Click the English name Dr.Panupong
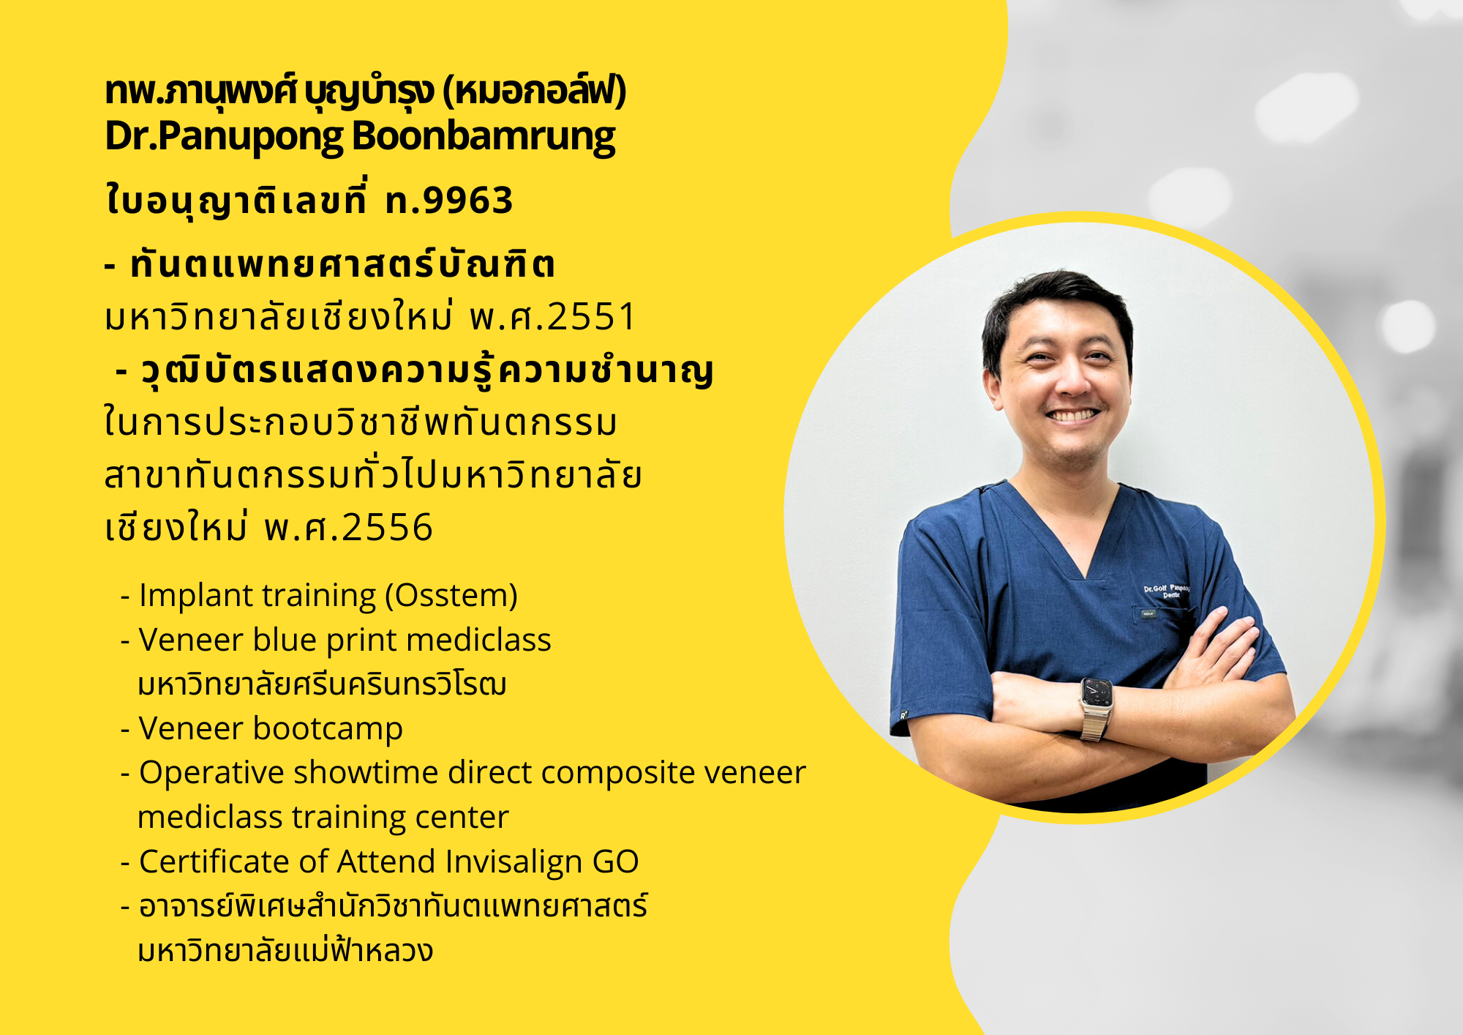225,137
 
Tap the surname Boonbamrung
484,137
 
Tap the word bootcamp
328,729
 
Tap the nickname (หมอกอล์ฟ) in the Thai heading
535,91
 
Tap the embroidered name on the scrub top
1166,591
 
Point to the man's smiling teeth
1072,415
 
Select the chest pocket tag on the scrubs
1148,613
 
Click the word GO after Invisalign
615,862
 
